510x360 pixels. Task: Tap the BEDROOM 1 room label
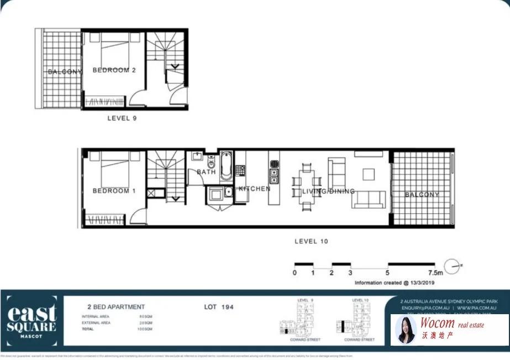(x=114, y=190)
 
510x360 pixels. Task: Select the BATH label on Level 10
(x=206, y=172)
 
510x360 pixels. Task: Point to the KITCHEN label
(x=254, y=189)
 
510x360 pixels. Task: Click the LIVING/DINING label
(x=327, y=192)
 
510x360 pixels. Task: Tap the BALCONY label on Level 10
(x=422, y=194)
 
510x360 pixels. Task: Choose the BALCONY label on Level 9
(x=65, y=72)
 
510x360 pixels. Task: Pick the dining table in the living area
(x=307, y=187)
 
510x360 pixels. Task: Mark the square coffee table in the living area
(x=369, y=174)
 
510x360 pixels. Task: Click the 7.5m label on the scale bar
(x=435, y=273)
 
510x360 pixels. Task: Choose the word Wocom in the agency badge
(x=438, y=324)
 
